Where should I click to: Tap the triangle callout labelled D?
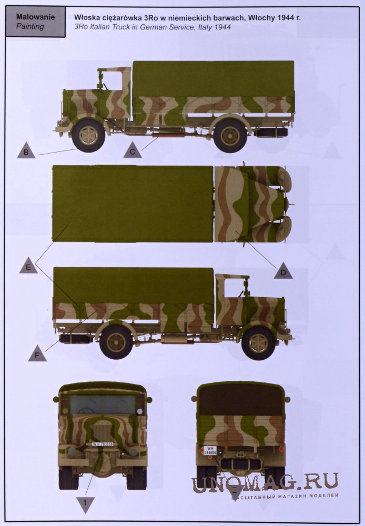[283, 271]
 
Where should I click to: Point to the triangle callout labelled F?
[37, 353]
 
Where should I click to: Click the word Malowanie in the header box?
[36, 17]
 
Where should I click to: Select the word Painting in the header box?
[30, 26]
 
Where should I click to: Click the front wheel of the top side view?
[88, 135]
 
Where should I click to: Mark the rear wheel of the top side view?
[230, 136]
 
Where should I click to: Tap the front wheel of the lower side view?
[258, 343]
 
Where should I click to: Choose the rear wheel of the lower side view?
[116, 342]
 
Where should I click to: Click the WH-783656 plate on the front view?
[103, 444]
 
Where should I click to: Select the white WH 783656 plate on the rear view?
[210, 450]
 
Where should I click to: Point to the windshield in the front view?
[103, 404]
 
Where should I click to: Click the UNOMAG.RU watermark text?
[265, 482]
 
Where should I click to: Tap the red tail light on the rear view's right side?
[281, 449]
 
